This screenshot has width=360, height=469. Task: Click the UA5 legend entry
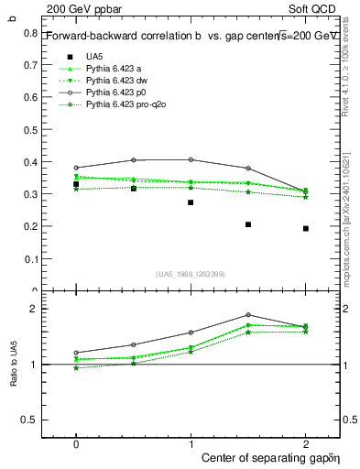[x=94, y=56]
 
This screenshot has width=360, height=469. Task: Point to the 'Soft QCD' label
[x=314, y=7]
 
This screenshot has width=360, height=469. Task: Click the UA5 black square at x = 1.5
[x=248, y=224]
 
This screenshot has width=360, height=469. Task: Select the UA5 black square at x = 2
[x=305, y=228]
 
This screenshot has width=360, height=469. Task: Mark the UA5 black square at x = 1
[x=191, y=202]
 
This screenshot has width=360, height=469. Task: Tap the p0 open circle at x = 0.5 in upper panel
[x=134, y=160]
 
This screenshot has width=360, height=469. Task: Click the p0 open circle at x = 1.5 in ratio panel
[x=248, y=315]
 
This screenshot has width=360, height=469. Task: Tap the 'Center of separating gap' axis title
[x=252, y=456]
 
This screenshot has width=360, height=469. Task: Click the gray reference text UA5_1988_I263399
[x=191, y=274]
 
